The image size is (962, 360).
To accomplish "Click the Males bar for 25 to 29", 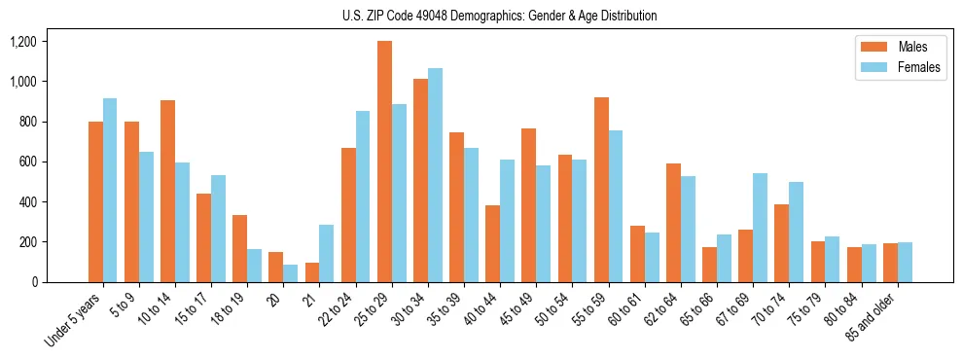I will point(384,162).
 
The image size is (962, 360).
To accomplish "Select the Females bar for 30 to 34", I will point(435,175).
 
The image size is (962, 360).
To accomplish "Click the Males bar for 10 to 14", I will point(167,191).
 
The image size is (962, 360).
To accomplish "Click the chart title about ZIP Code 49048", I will point(499,16).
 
